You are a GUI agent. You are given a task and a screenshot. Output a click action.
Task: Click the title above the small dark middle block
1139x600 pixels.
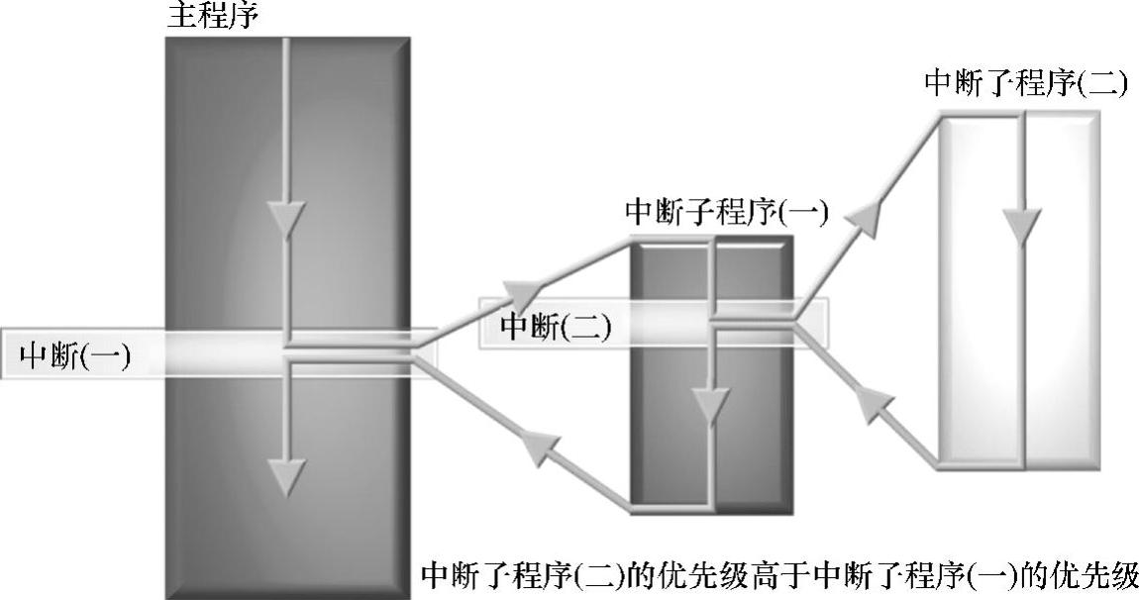click(x=727, y=213)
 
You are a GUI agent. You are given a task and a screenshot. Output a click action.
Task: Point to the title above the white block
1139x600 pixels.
click(x=1025, y=82)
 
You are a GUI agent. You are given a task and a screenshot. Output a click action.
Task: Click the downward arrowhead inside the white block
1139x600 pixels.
click(x=1022, y=224)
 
